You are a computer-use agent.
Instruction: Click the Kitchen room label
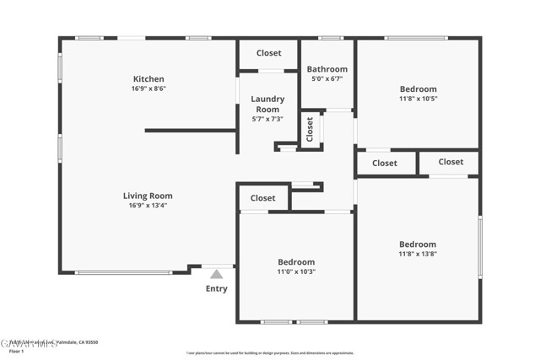pos(148,79)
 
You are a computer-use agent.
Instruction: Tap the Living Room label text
pos(150,196)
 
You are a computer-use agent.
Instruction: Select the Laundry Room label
pos(267,104)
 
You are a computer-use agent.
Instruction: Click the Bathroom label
pos(327,69)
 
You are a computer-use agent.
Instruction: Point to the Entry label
pos(216,289)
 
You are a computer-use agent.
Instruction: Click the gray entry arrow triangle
pos(216,274)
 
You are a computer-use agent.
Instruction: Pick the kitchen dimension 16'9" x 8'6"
pos(148,89)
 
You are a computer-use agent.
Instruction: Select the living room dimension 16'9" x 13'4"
pos(150,205)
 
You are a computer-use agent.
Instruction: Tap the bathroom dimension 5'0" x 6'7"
pos(327,78)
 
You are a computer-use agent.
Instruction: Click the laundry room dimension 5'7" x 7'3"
pos(267,119)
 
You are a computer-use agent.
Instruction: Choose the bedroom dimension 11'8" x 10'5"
pos(418,99)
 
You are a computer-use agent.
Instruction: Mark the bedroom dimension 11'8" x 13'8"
pos(418,254)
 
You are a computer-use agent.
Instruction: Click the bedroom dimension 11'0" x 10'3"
pos(296,271)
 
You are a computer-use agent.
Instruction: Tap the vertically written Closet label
pos(310,130)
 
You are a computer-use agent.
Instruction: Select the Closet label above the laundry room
pos(268,53)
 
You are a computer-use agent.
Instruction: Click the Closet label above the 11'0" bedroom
pos(262,198)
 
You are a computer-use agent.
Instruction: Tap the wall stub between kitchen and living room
pos(190,131)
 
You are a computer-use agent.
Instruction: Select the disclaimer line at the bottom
pos(269,353)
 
